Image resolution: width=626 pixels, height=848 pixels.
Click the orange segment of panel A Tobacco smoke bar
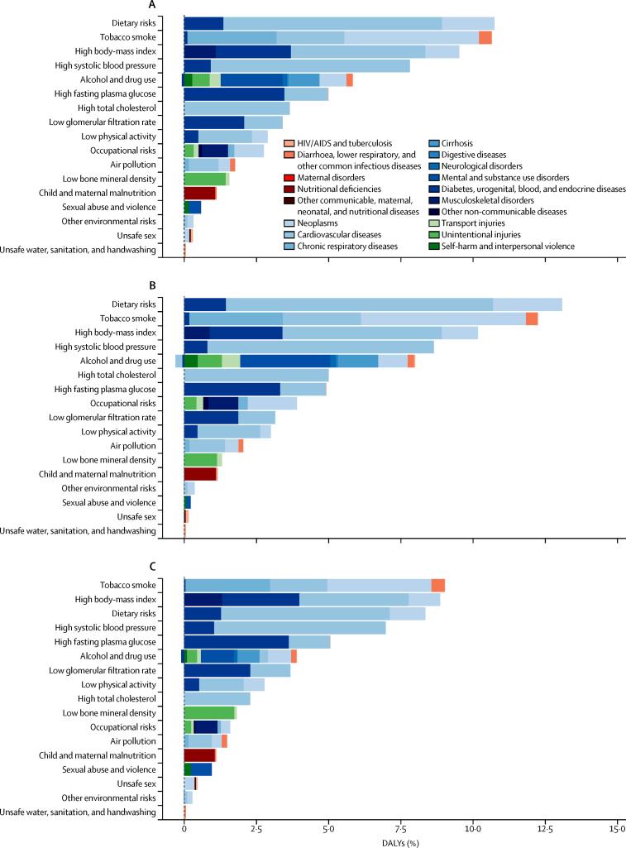485,37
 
